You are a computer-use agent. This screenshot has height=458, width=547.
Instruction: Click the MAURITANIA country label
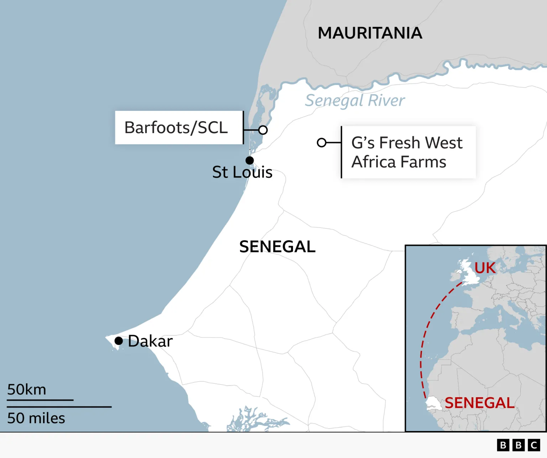pos(370,33)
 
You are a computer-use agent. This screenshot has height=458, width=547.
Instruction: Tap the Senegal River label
pos(355,101)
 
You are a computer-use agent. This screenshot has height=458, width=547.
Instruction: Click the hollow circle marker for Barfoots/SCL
pos(263,130)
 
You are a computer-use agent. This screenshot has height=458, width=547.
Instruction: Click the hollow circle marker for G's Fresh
pos(322,143)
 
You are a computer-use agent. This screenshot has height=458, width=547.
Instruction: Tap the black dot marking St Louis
pos(250,160)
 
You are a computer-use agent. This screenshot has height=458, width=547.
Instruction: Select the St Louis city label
pos(242,172)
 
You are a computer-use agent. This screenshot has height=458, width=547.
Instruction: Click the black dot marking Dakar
pos(119,341)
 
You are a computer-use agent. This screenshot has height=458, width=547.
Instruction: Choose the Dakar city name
pos(150,341)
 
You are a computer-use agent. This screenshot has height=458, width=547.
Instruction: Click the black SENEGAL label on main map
pos(277,247)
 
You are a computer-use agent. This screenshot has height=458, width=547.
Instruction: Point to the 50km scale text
pos(27,390)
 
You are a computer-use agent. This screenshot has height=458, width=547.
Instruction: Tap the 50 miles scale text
pos(36,418)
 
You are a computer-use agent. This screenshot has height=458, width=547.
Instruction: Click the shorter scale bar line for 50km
pos(40,400)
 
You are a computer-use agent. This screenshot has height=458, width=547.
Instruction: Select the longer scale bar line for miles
pos(59,407)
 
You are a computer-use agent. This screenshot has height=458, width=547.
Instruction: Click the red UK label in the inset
pos(485,268)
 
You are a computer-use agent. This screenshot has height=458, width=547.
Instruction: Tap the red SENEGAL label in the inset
pos(479,403)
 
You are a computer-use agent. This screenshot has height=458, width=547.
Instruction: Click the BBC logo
pos(518,445)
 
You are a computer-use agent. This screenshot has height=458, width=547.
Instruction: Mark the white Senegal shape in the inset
pos(434,403)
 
